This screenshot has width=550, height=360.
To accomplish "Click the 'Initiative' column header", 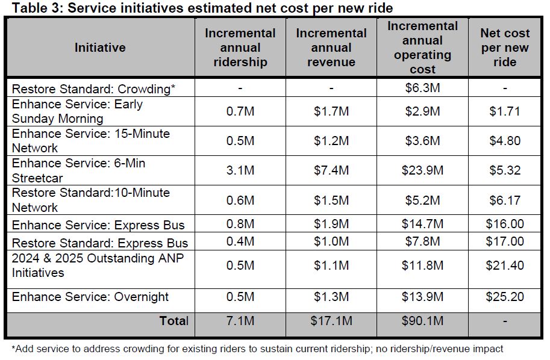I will point(100,48).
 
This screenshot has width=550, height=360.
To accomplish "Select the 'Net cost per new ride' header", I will point(505,48).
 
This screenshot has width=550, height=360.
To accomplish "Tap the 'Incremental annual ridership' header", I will point(240,48).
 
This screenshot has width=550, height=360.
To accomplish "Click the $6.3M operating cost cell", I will point(422,88).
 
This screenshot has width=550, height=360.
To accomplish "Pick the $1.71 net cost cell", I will point(505,111).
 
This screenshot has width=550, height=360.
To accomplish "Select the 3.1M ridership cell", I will point(240,170).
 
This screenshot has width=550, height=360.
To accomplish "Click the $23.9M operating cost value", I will point(422,170).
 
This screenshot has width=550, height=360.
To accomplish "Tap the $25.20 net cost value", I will point(505,297).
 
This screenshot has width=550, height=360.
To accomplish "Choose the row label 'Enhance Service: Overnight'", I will point(90,297).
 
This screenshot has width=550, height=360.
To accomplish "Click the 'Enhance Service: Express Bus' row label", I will point(98,225).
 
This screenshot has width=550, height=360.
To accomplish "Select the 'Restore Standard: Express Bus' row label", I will point(100,243).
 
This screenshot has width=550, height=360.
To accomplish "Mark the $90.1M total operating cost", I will point(422,321).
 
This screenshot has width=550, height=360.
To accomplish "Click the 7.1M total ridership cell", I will point(240,321).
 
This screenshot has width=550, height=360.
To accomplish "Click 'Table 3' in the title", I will point(31,8).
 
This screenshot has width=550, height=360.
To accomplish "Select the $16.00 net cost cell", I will point(505,225).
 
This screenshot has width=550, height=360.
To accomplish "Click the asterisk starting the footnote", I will point(14,348).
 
